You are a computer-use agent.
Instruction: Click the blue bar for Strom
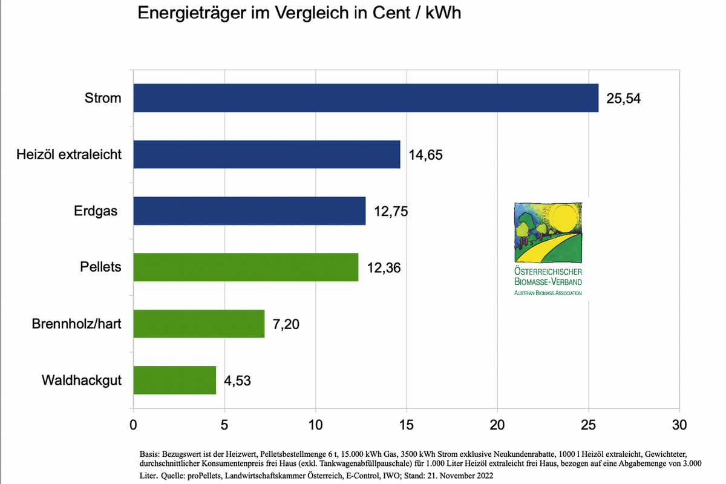[365, 98]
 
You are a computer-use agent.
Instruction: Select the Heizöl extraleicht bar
[266, 154]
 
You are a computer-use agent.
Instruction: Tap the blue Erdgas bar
[249, 211]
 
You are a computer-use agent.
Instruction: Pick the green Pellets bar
[246, 267]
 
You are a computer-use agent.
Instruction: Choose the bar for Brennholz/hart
[198, 324]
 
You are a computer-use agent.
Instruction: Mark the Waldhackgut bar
[174, 380]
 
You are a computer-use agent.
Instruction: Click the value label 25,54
[623, 99]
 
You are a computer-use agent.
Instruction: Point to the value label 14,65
[425, 155]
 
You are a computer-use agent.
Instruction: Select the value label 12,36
[384, 267]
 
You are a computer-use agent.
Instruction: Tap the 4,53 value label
[237, 381]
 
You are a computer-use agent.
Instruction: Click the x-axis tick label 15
[406, 425]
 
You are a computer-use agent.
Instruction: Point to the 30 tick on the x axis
[679, 425]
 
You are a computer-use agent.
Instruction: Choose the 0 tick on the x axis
[133, 425]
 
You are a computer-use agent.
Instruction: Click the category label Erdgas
[97, 211]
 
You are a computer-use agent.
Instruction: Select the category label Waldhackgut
[82, 381]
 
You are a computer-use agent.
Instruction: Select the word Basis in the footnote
[150, 453]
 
